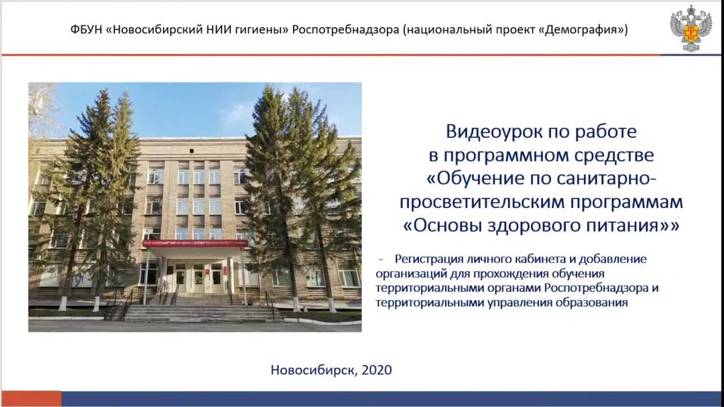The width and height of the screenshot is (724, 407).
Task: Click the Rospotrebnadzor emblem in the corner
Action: click(x=691, y=27)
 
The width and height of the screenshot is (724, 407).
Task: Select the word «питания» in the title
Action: click(x=622, y=226)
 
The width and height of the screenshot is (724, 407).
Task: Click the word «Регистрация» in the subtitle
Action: click(x=428, y=258)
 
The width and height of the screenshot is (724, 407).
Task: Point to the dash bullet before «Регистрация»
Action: click(x=381, y=258)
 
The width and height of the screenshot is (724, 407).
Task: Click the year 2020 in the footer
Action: click(x=377, y=370)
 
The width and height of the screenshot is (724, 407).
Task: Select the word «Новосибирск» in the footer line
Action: click(x=312, y=370)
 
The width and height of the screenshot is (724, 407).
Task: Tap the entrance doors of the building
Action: click(x=198, y=277)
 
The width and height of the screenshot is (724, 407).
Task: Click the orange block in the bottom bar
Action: click(x=31, y=399)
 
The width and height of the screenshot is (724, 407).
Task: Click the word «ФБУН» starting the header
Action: click(x=86, y=30)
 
